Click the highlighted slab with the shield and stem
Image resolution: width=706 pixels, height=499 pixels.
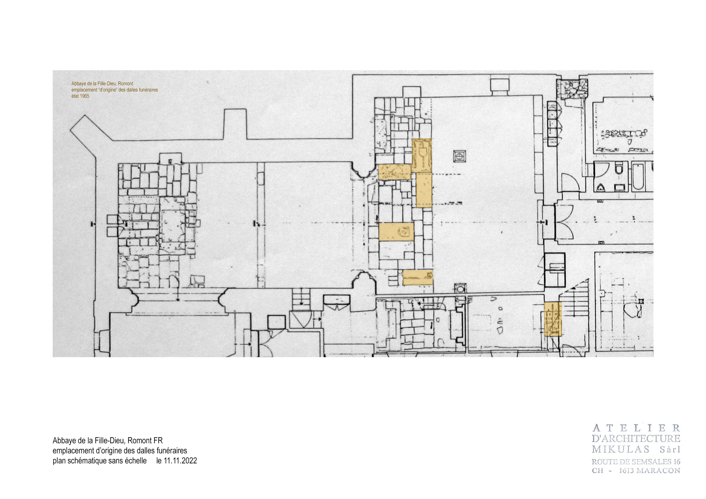tap(422, 155)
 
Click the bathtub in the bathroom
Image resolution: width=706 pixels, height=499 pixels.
tap(638, 176)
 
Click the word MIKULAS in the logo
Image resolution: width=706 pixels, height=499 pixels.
tap(620, 450)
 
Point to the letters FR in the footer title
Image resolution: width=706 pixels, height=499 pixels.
tap(158, 441)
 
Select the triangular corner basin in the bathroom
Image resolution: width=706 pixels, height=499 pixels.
tap(600, 188)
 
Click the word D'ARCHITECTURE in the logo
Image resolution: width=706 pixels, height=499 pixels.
tap(636, 439)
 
